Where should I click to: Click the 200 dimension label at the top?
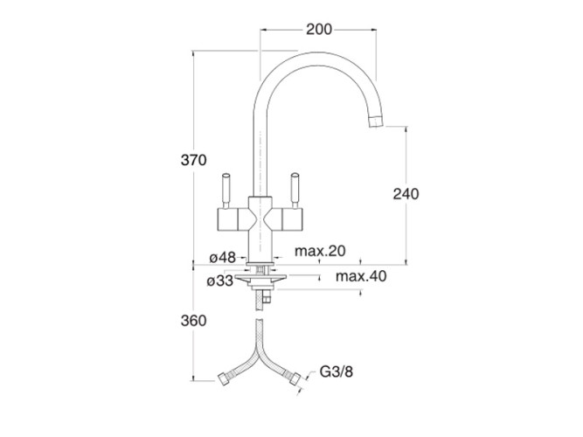[x=319, y=29]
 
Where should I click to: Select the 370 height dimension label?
[x=193, y=160]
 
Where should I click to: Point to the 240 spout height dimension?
[x=406, y=194]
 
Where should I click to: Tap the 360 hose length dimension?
[x=193, y=321]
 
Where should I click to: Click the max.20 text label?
[x=320, y=252]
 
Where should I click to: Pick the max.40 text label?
[x=361, y=276]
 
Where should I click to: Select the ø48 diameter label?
[x=222, y=258]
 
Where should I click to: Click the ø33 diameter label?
[x=220, y=281]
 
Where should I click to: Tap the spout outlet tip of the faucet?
[x=376, y=118]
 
